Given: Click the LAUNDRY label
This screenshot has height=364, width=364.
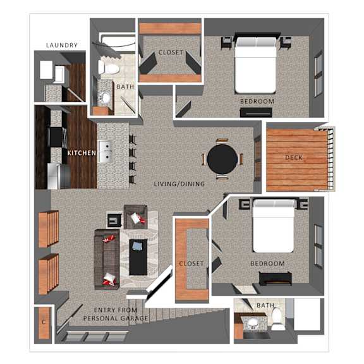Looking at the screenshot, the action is click(62, 45).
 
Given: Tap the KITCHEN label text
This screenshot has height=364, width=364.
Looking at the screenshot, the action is click(82, 153).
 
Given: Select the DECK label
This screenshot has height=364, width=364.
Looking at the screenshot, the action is click(294, 157).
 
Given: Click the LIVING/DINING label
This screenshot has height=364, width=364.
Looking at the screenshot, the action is click(179, 184).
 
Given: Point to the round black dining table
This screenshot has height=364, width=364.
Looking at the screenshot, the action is click(222, 159).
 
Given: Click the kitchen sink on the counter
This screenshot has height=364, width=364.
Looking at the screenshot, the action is click(106, 152).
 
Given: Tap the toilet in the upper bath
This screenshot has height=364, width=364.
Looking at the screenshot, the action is click(109, 68).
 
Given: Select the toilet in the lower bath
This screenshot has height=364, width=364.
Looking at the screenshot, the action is click(277, 318).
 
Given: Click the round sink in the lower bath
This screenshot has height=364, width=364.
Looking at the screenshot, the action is click(253, 322).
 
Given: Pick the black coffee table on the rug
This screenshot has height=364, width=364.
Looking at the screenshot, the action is click(138, 257).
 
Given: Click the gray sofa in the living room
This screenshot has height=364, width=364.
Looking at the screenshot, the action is click(107, 259).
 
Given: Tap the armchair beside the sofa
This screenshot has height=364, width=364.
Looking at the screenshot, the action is click(135, 217).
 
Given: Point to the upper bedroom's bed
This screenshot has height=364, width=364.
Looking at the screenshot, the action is click(255, 65).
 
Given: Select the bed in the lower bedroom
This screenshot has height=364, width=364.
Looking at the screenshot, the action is click(274, 226).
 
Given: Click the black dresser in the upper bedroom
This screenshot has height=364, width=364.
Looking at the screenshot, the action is click(256, 112).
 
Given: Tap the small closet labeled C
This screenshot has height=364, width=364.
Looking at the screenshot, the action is click(44, 323).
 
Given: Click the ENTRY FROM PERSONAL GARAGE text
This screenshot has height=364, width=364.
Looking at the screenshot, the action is click(116, 314).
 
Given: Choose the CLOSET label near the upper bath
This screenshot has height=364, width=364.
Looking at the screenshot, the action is click(171, 52).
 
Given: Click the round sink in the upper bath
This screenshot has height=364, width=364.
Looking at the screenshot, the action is click(106, 97).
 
